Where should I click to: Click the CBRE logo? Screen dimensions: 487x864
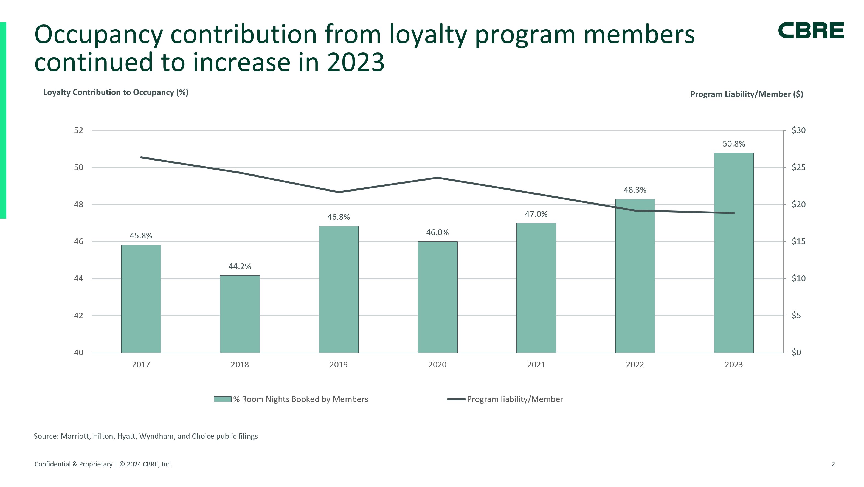pos(811,31)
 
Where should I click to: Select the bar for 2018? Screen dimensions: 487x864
pos(240,314)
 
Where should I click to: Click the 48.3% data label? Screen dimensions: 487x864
pos(635,190)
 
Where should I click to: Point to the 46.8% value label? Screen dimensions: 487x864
pos(338,217)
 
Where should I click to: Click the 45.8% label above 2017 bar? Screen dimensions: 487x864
pos(141,236)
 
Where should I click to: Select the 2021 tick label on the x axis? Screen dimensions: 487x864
pos(536,365)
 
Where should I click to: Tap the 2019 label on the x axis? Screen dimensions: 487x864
pos(338,365)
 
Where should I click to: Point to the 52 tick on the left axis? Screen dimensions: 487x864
pos(78,130)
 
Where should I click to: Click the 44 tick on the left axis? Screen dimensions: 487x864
pos(78,278)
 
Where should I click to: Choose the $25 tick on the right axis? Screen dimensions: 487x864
pos(798,167)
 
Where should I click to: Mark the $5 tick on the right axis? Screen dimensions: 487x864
pos(796,315)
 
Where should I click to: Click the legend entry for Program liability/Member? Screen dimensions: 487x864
pos(514,399)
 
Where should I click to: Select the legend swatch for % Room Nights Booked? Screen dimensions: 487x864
pos(222,399)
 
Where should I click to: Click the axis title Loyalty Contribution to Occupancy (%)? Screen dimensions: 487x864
pos(116,92)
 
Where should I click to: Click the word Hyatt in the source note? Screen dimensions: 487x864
pos(126,436)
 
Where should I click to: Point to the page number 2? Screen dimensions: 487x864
pos(833,464)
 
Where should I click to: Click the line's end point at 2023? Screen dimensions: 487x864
pos(734,213)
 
